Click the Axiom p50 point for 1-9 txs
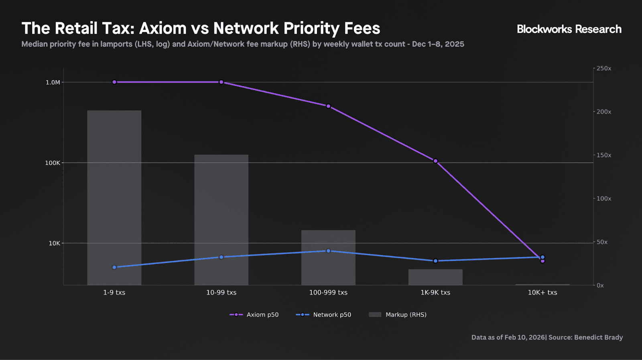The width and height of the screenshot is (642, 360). (x=114, y=82)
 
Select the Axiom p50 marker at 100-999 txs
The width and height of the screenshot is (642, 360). (x=328, y=106)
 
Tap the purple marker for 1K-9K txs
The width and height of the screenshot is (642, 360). (x=435, y=161)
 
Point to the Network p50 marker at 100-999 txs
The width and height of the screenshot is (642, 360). (x=328, y=251)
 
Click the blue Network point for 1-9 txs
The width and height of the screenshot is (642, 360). (x=114, y=267)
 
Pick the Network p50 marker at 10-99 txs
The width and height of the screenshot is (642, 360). (x=221, y=257)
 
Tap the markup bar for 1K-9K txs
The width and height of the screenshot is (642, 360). (x=435, y=277)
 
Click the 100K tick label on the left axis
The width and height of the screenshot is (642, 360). (x=53, y=163)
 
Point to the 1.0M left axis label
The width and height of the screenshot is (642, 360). (x=53, y=82)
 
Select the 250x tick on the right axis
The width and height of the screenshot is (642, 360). (x=603, y=69)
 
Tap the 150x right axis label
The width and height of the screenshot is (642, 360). (x=603, y=155)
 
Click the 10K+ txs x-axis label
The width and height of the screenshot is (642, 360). (x=542, y=293)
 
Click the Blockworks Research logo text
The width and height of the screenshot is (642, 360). (x=569, y=29)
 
